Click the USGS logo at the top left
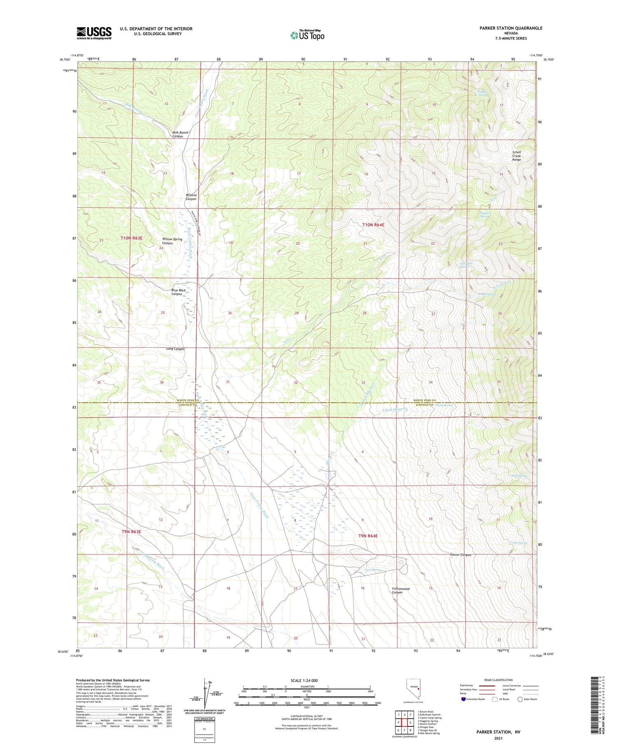94,33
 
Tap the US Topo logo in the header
307,35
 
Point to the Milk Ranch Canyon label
180,134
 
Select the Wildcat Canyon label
191,197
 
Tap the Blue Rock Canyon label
178,292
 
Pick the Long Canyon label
176,349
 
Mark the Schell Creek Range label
517,156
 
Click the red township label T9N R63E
131,532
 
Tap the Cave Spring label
373,570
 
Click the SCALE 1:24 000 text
304,680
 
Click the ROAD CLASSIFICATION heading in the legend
499,680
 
